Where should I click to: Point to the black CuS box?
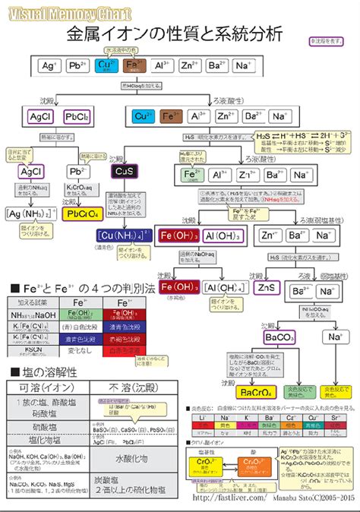click(124, 172)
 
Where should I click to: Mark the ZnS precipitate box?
click(266, 288)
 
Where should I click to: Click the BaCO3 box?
click(279, 337)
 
